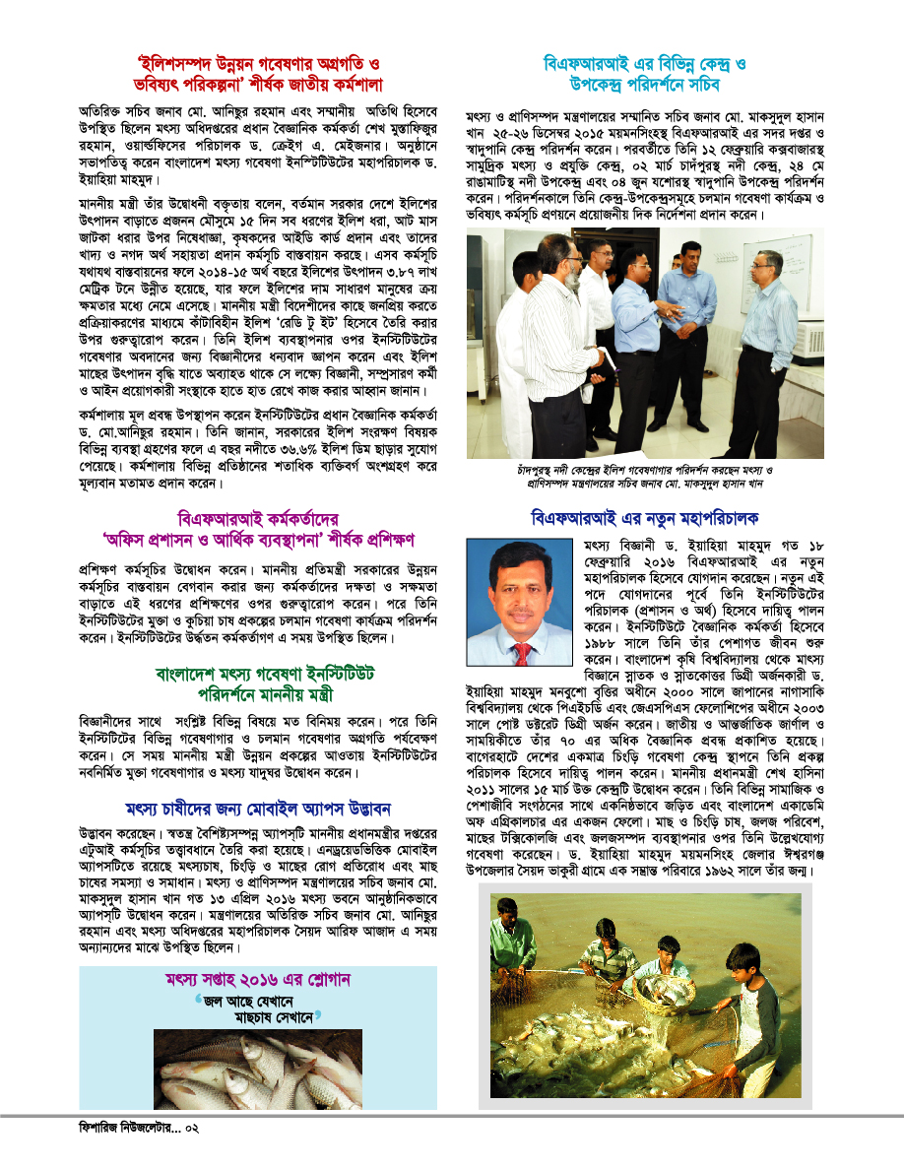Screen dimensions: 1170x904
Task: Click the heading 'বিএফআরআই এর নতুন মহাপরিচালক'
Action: (644, 517)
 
